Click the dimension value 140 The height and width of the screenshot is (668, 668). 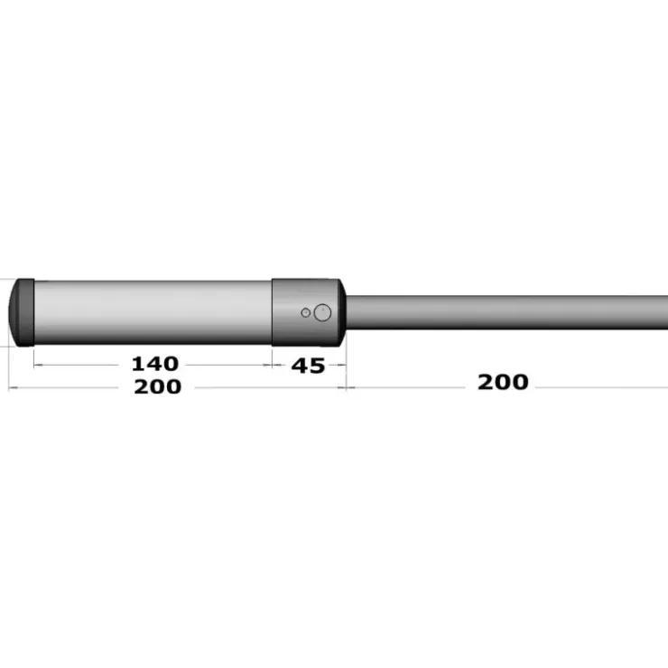(x=155, y=364)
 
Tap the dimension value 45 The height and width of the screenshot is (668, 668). (x=308, y=366)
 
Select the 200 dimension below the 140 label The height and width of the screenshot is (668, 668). (x=158, y=387)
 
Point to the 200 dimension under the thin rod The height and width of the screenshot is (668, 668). (x=503, y=382)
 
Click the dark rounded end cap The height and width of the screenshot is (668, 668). (x=22, y=312)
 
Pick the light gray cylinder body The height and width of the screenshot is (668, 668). (x=153, y=312)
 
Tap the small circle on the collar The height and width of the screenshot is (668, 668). (x=305, y=312)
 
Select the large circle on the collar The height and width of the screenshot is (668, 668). (x=322, y=312)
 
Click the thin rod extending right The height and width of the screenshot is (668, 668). (x=507, y=312)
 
